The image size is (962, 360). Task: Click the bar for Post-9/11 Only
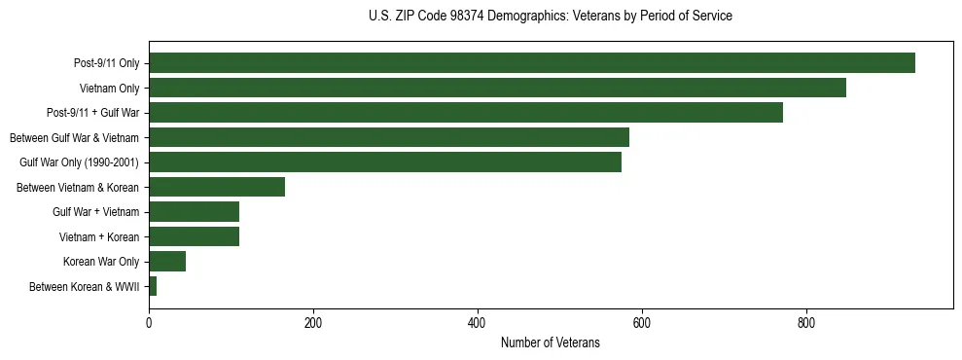point(531,63)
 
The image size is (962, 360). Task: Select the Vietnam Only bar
point(497,88)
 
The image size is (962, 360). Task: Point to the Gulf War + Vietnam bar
point(194,211)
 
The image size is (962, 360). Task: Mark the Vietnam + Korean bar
point(194,236)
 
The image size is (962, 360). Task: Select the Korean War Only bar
point(167,261)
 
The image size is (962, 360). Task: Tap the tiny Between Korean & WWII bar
point(153,286)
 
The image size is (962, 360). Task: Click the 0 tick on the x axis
point(149,322)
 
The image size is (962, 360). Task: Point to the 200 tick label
point(313,322)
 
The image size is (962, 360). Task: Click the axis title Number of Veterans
point(550,343)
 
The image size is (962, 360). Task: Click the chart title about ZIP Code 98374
point(550,17)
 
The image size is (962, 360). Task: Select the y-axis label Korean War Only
point(101,262)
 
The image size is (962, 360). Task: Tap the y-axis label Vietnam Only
point(109,89)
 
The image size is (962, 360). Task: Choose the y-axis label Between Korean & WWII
point(85,286)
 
